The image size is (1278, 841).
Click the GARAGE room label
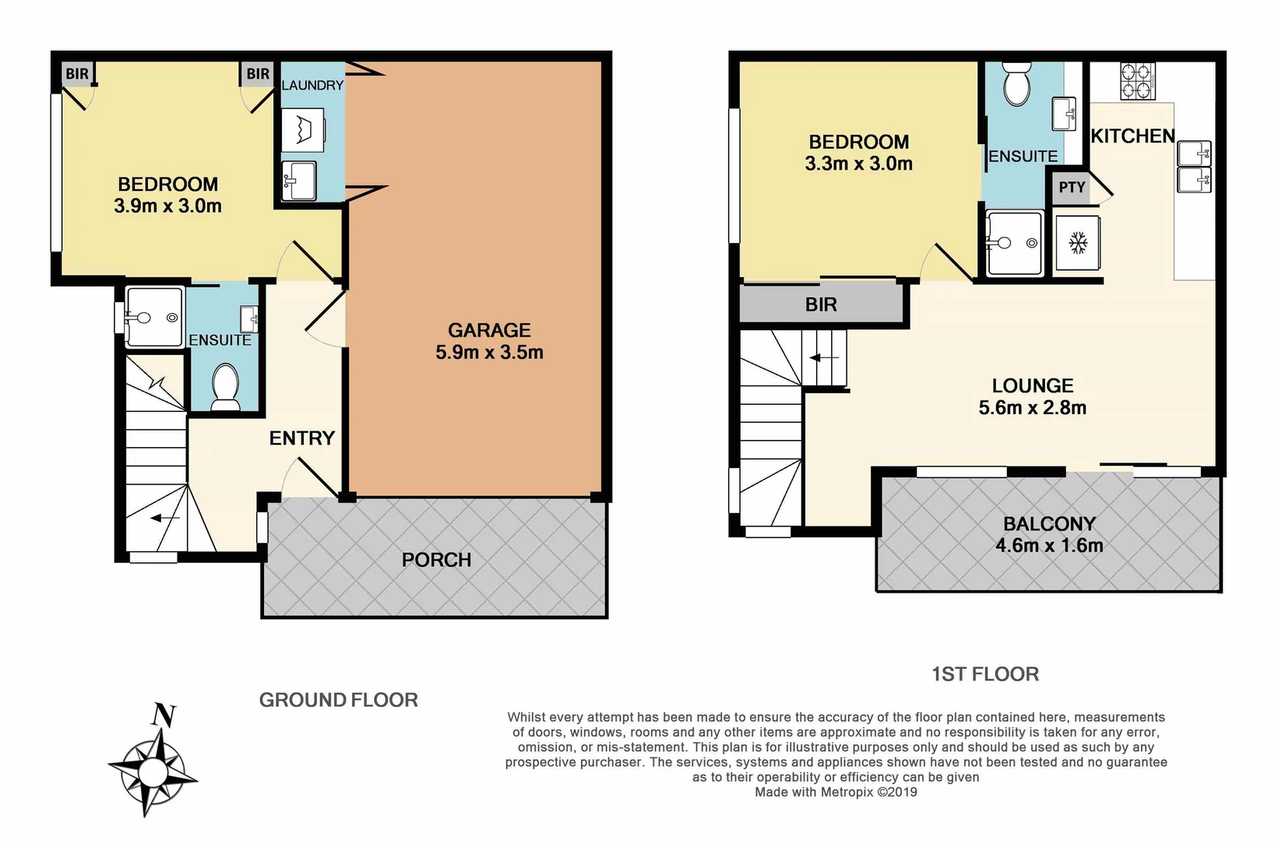pyautogui.click(x=489, y=330)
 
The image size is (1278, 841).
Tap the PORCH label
pyautogui.click(x=436, y=560)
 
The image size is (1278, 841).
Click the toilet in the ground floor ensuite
pyautogui.click(x=226, y=385)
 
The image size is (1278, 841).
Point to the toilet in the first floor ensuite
pyautogui.click(x=1017, y=85)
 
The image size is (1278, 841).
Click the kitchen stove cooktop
pyautogui.click(x=1137, y=81)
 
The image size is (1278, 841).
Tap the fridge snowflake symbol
pyautogui.click(x=1078, y=243)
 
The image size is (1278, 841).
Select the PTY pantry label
pyautogui.click(x=1072, y=188)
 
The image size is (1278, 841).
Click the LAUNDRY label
pyautogui.click(x=312, y=85)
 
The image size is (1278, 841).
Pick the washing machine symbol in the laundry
pyautogui.click(x=302, y=131)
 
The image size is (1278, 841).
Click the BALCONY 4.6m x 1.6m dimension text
pyautogui.click(x=1049, y=546)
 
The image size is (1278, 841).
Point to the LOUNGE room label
pyautogui.click(x=1033, y=385)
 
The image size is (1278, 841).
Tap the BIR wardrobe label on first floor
pyautogui.click(x=821, y=304)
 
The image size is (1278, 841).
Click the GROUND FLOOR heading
pyautogui.click(x=338, y=700)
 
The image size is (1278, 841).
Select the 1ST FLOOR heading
pyautogui.click(x=985, y=674)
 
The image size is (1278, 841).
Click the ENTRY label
pyautogui.click(x=302, y=438)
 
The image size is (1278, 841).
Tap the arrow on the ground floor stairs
pyautogui.click(x=165, y=518)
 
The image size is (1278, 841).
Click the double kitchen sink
pyautogui.click(x=1194, y=167)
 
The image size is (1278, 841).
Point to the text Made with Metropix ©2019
pyautogui.click(x=836, y=792)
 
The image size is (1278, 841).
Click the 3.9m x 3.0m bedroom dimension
pyautogui.click(x=167, y=206)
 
